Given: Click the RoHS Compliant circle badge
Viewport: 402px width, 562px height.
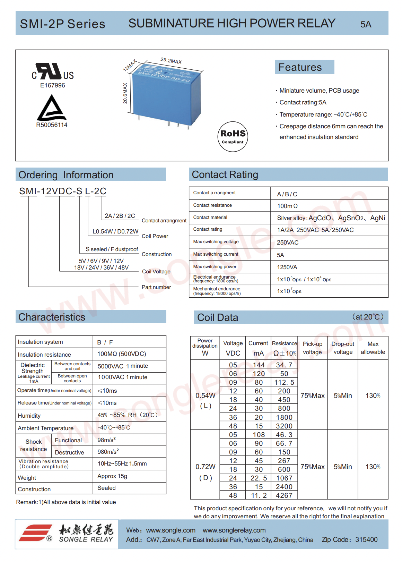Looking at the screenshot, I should (233, 136).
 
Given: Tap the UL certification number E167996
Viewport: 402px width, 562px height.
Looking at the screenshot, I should (52, 85).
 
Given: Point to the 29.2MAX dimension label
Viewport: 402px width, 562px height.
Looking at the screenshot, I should (171, 61).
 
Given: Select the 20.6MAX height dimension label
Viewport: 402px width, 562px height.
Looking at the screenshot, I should (125, 93).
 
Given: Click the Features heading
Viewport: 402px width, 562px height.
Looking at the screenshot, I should (300, 67).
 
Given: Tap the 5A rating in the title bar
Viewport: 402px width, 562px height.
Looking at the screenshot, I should (366, 24).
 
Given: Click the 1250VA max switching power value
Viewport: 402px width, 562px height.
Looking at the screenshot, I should (287, 267).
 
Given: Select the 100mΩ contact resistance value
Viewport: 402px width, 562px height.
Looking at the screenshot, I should (287, 206).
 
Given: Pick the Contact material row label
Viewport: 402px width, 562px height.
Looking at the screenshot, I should (210, 218).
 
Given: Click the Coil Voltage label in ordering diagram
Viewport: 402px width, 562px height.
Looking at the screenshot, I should (156, 272).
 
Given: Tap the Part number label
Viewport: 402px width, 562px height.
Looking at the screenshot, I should (156, 287).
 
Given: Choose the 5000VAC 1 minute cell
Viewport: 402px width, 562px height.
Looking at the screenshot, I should (123, 366).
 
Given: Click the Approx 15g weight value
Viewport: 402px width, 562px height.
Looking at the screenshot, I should (112, 476).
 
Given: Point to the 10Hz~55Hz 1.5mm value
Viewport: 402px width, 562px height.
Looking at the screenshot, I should (122, 463).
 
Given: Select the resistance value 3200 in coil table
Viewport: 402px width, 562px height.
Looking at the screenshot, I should (284, 426).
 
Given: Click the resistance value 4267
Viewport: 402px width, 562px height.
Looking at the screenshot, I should (284, 495).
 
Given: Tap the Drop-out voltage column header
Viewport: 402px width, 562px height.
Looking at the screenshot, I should (343, 348).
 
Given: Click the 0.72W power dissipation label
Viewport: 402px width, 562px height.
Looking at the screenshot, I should (206, 467).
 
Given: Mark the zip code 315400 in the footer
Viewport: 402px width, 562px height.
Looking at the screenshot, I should (366, 539).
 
